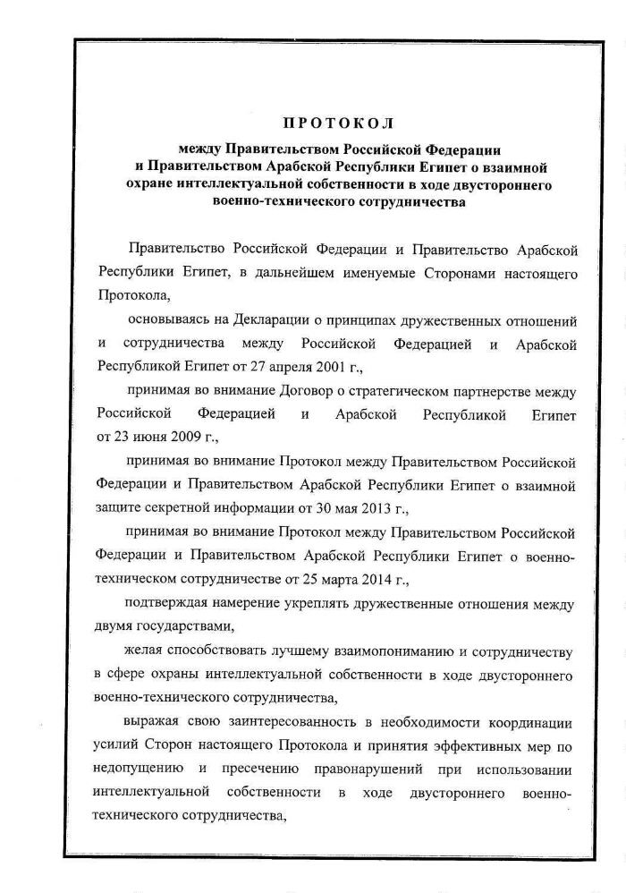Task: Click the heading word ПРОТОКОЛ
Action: (338, 123)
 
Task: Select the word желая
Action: (148, 653)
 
